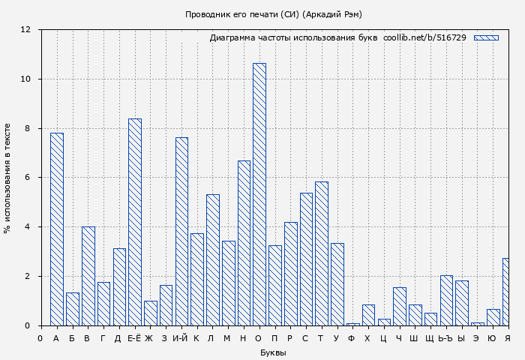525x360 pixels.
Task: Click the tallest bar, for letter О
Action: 259,194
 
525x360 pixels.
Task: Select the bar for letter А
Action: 56,229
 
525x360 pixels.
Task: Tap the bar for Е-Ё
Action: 134,222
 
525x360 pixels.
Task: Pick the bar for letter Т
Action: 322,253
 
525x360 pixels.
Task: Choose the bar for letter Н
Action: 244,243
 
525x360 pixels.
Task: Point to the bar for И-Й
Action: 181,231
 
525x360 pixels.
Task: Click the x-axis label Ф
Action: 352,338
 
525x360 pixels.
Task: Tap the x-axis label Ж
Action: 149,338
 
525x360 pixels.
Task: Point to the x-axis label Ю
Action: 493,338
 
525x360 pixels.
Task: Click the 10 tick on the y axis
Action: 25,79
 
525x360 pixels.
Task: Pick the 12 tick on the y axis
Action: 25,30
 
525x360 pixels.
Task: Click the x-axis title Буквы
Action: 273,352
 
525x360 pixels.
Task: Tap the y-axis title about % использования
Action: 7,178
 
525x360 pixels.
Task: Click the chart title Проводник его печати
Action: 274,14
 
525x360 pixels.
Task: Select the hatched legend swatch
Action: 486,37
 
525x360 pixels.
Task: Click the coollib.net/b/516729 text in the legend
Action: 424,37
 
